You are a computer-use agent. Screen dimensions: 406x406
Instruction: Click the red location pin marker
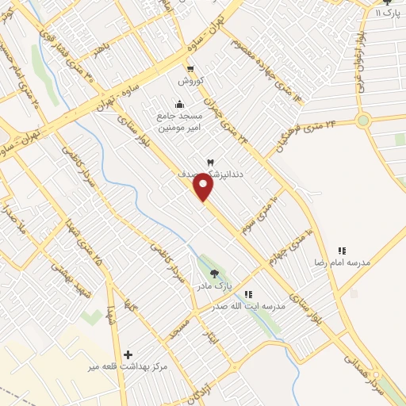[x=204, y=187]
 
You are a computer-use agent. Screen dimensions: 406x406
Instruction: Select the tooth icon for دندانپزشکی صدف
[x=209, y=163]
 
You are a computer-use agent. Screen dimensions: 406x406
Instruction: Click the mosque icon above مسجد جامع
[x=179, y=103]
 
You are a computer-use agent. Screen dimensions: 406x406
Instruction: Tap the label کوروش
[x=191, y=82]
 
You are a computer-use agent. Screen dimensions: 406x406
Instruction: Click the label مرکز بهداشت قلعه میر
[x=128, y=367]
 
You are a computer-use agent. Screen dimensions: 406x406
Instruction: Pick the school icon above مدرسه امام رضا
[x=343, y=251]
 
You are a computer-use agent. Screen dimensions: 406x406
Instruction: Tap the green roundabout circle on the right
[x=364, y=121]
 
